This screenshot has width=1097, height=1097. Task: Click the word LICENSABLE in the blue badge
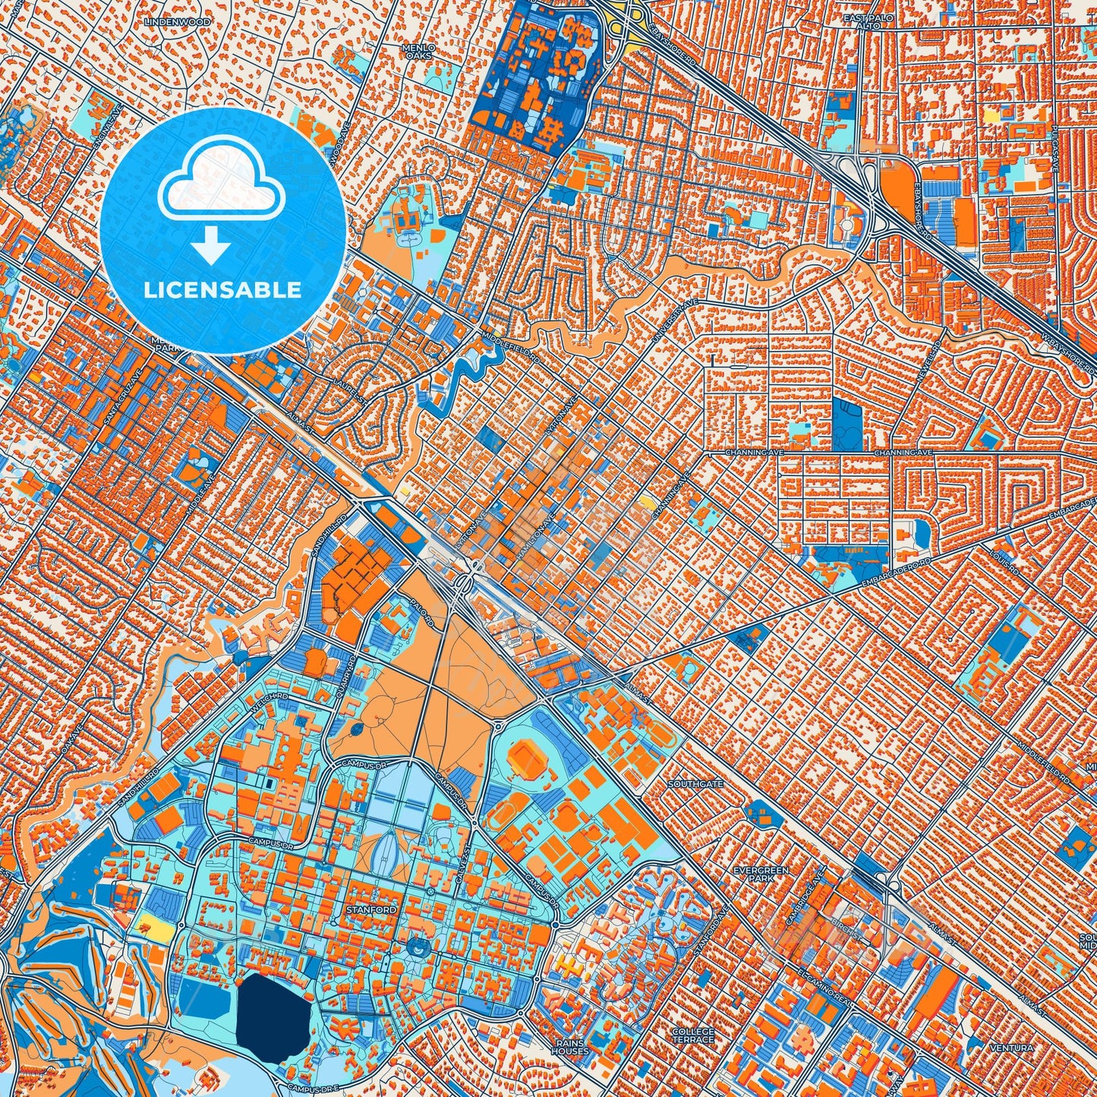tap(223, 290)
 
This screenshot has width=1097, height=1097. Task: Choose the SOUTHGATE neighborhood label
tap(695, 783)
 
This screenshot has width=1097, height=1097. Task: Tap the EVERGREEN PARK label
tap(761, 874)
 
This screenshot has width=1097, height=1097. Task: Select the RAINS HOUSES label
tap(569, 1048)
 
